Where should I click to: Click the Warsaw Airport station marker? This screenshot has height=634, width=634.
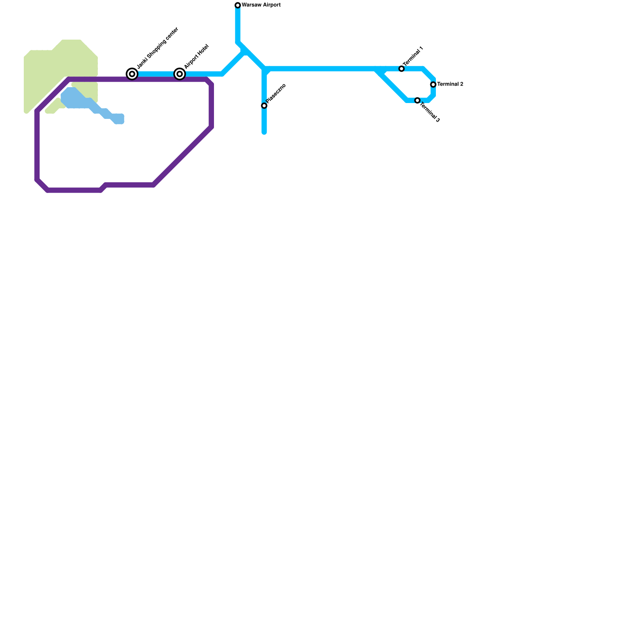pos(238,5)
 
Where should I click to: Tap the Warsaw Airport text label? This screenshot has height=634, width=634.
pos(261,5)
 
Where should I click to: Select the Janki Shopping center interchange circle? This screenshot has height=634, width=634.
pos(132,74)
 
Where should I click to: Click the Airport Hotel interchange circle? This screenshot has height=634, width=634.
pos(180,74)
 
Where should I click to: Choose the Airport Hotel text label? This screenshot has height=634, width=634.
pos(196,57)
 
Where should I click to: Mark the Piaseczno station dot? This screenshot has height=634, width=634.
pos(264,105)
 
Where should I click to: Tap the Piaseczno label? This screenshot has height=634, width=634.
pos(276,94)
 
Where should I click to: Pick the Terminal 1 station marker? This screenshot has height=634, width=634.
pos(401,69)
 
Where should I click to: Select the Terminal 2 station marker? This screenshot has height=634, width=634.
pos(433,84)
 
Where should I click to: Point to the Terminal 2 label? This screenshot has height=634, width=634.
pos(450,84)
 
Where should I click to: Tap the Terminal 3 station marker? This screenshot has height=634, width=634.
pos(417,101)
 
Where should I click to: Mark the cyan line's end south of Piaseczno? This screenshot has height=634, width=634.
pos(264,132)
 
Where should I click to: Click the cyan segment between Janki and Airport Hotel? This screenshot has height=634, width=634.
pos(156,74)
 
